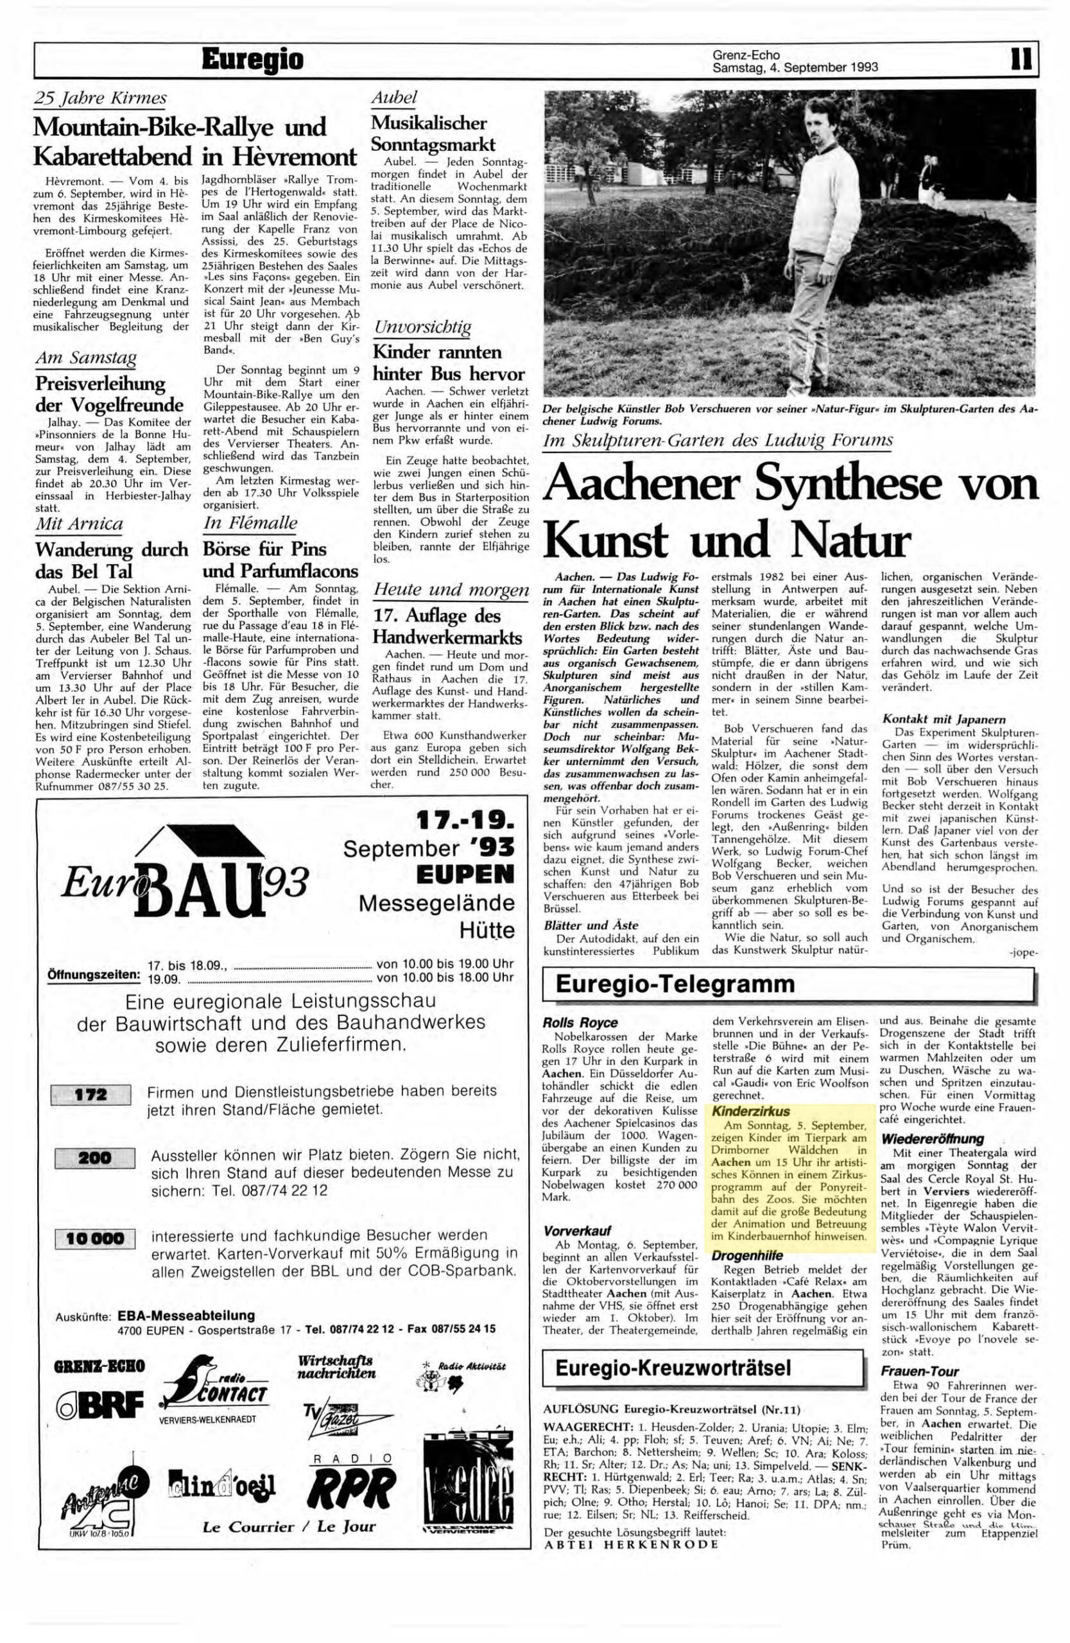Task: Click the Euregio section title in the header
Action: tap(252, 61)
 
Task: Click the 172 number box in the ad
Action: tap(91, 1095)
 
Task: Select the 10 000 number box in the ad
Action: tap(94, 1239)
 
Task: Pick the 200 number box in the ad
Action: tap(94, 1158)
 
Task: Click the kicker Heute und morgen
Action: tap(451, 590)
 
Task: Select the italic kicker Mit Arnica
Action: tap(79, 524)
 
